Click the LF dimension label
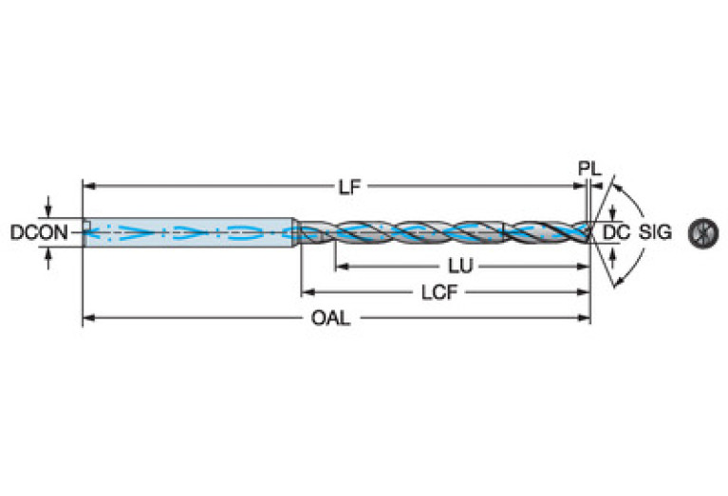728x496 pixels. tap(350, 188)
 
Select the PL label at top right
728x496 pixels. tap(589, 168)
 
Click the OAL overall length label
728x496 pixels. tap(330, 320)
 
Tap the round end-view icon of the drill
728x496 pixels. tap(703, 231)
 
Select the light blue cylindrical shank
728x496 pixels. tap(190, 231)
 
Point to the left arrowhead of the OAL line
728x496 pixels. tap(87, 320)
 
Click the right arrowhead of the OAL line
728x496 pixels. tap(586, 320)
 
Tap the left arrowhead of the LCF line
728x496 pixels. tap(307, 293)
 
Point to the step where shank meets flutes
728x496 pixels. tap(297, 231)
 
